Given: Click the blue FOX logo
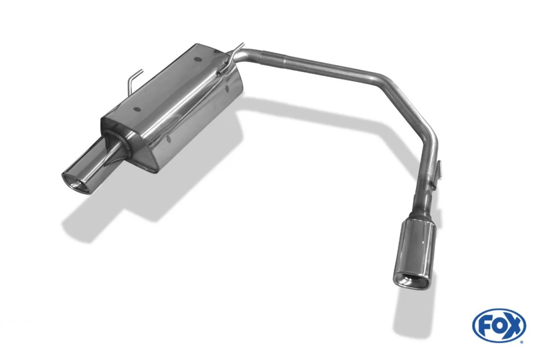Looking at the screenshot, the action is click(499, 326).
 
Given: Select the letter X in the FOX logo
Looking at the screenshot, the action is click(514, 326).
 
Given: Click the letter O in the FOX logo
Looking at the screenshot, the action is click(499, 326).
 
